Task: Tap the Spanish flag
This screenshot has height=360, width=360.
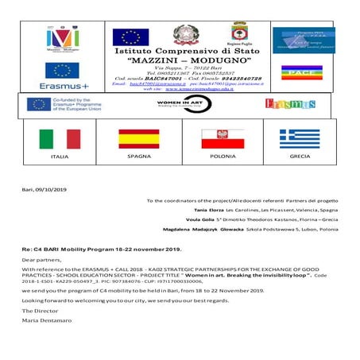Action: [x=138, y=139]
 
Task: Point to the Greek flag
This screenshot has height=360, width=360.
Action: [x=299, y=139]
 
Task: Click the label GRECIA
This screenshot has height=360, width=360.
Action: [x=300, y=157]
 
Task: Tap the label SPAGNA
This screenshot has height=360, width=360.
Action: [x=138, y=157]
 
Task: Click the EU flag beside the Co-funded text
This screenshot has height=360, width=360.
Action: [x=39, y=104]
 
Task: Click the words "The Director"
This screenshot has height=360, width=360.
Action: [x=37, y=311]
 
